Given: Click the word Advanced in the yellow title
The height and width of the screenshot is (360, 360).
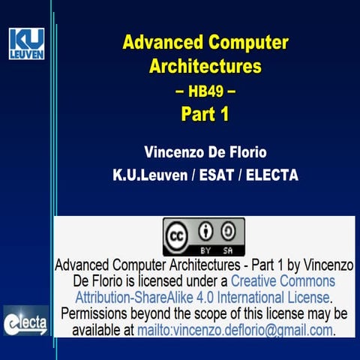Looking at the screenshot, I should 155,42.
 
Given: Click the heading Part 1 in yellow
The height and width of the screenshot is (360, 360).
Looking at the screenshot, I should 204,114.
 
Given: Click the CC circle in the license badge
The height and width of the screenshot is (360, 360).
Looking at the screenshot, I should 180,232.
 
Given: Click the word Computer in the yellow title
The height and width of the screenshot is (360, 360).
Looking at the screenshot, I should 247,42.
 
